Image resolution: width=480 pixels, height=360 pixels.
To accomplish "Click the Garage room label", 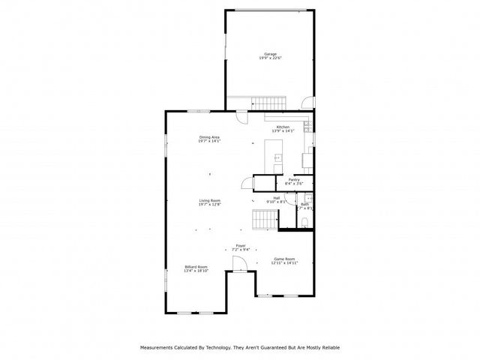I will pyautogui.click(x=270, y=54).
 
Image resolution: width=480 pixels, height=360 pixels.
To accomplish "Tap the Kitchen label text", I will pyautogui.click(x=283, y=127).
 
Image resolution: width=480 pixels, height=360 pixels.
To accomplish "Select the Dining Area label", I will pyautogui.click(x=209, y=136).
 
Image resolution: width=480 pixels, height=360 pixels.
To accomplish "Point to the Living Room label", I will pyautogui.click(x=209, y=200).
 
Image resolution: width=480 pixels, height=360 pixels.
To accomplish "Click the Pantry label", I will pyautogui.click(x=294, y=179).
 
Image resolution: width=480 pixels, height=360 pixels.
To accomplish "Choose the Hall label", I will pyautogui.click(x=276, y=198).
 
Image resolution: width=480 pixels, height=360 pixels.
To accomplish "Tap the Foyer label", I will pyautogui.click(x=241, y=245).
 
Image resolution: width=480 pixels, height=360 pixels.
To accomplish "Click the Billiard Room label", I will pyautogui.click(x=196, y=266).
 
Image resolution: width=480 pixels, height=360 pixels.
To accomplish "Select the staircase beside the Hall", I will pyautogui.click(x=264, y=220).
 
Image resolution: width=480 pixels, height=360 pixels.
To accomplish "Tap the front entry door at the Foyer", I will pyautogui.click(x=239, y=263).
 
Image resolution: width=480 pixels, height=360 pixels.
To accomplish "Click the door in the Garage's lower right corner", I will pyautogui.click(x=303, y=103).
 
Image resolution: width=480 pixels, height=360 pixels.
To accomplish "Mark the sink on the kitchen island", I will pyautogui.click(x=277, y=157).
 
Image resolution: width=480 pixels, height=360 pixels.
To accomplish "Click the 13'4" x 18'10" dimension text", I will pyautogui.click(x=196, y=271).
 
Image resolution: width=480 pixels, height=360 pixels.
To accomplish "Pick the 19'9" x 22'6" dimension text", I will pyautogui.click(x=270, y=58).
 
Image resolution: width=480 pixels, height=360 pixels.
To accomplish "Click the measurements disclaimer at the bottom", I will pyautogui.click(x=240, y=347).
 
